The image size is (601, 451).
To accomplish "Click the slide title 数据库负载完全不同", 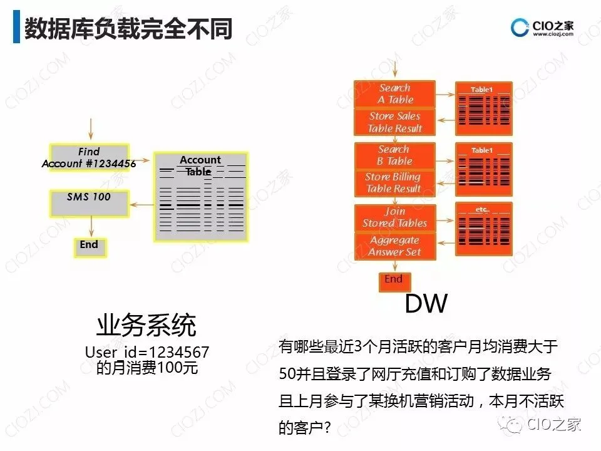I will point(128,29).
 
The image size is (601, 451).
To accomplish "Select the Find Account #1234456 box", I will point(89,158).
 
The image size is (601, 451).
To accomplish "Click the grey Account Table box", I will point(200,197).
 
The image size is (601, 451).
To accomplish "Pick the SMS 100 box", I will point(89,202).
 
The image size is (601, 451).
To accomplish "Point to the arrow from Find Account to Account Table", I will point(141,160).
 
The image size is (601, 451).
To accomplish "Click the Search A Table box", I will point(395,94).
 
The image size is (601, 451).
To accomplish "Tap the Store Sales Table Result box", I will point(395,122).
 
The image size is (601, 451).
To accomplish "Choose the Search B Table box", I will point(395,155).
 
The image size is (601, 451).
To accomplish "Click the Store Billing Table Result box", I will point(394,183).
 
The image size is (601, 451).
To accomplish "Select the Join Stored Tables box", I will point(395,217).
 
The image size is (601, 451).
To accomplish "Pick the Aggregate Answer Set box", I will point(395,246).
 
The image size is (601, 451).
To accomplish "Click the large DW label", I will point(426,303).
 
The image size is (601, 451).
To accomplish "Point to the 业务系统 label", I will point(146,325).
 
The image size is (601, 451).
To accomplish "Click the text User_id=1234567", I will point(146,353).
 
